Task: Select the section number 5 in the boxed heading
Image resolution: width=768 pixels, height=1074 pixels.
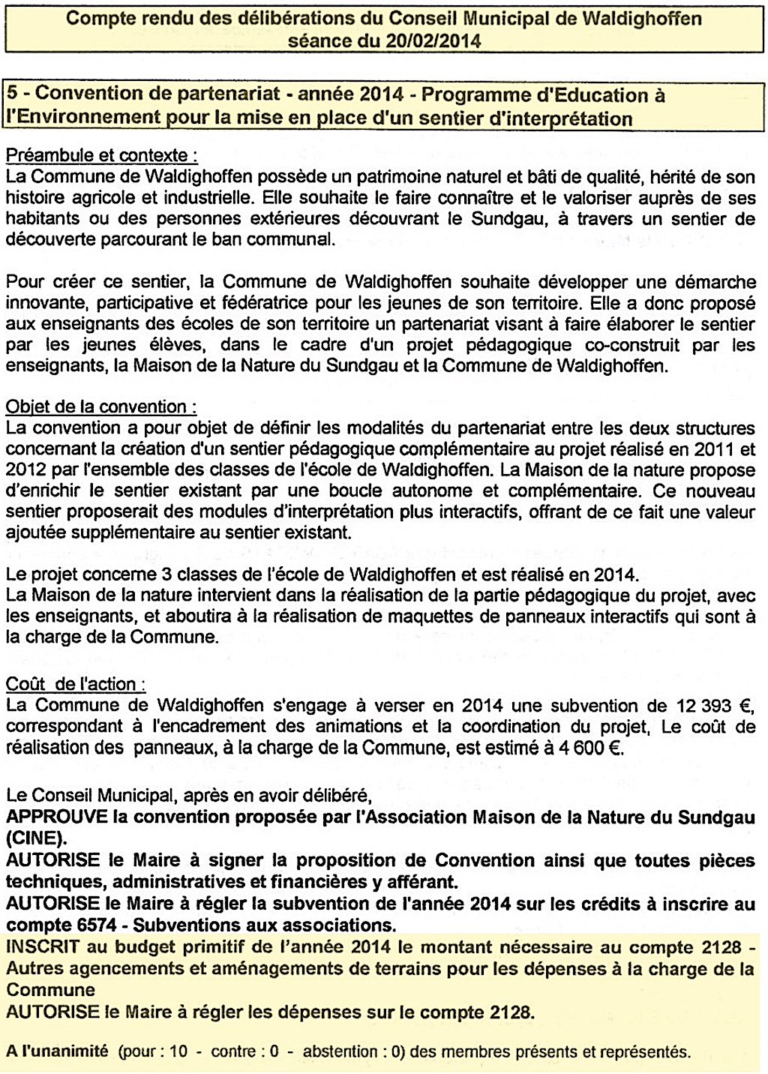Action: tap(13, 95)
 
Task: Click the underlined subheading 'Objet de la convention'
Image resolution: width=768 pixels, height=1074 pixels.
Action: tap(101, 407)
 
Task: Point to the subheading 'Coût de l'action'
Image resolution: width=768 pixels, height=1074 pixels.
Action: tap(76, 684)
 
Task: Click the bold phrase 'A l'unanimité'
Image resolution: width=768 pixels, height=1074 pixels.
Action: tap(57, 1051)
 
